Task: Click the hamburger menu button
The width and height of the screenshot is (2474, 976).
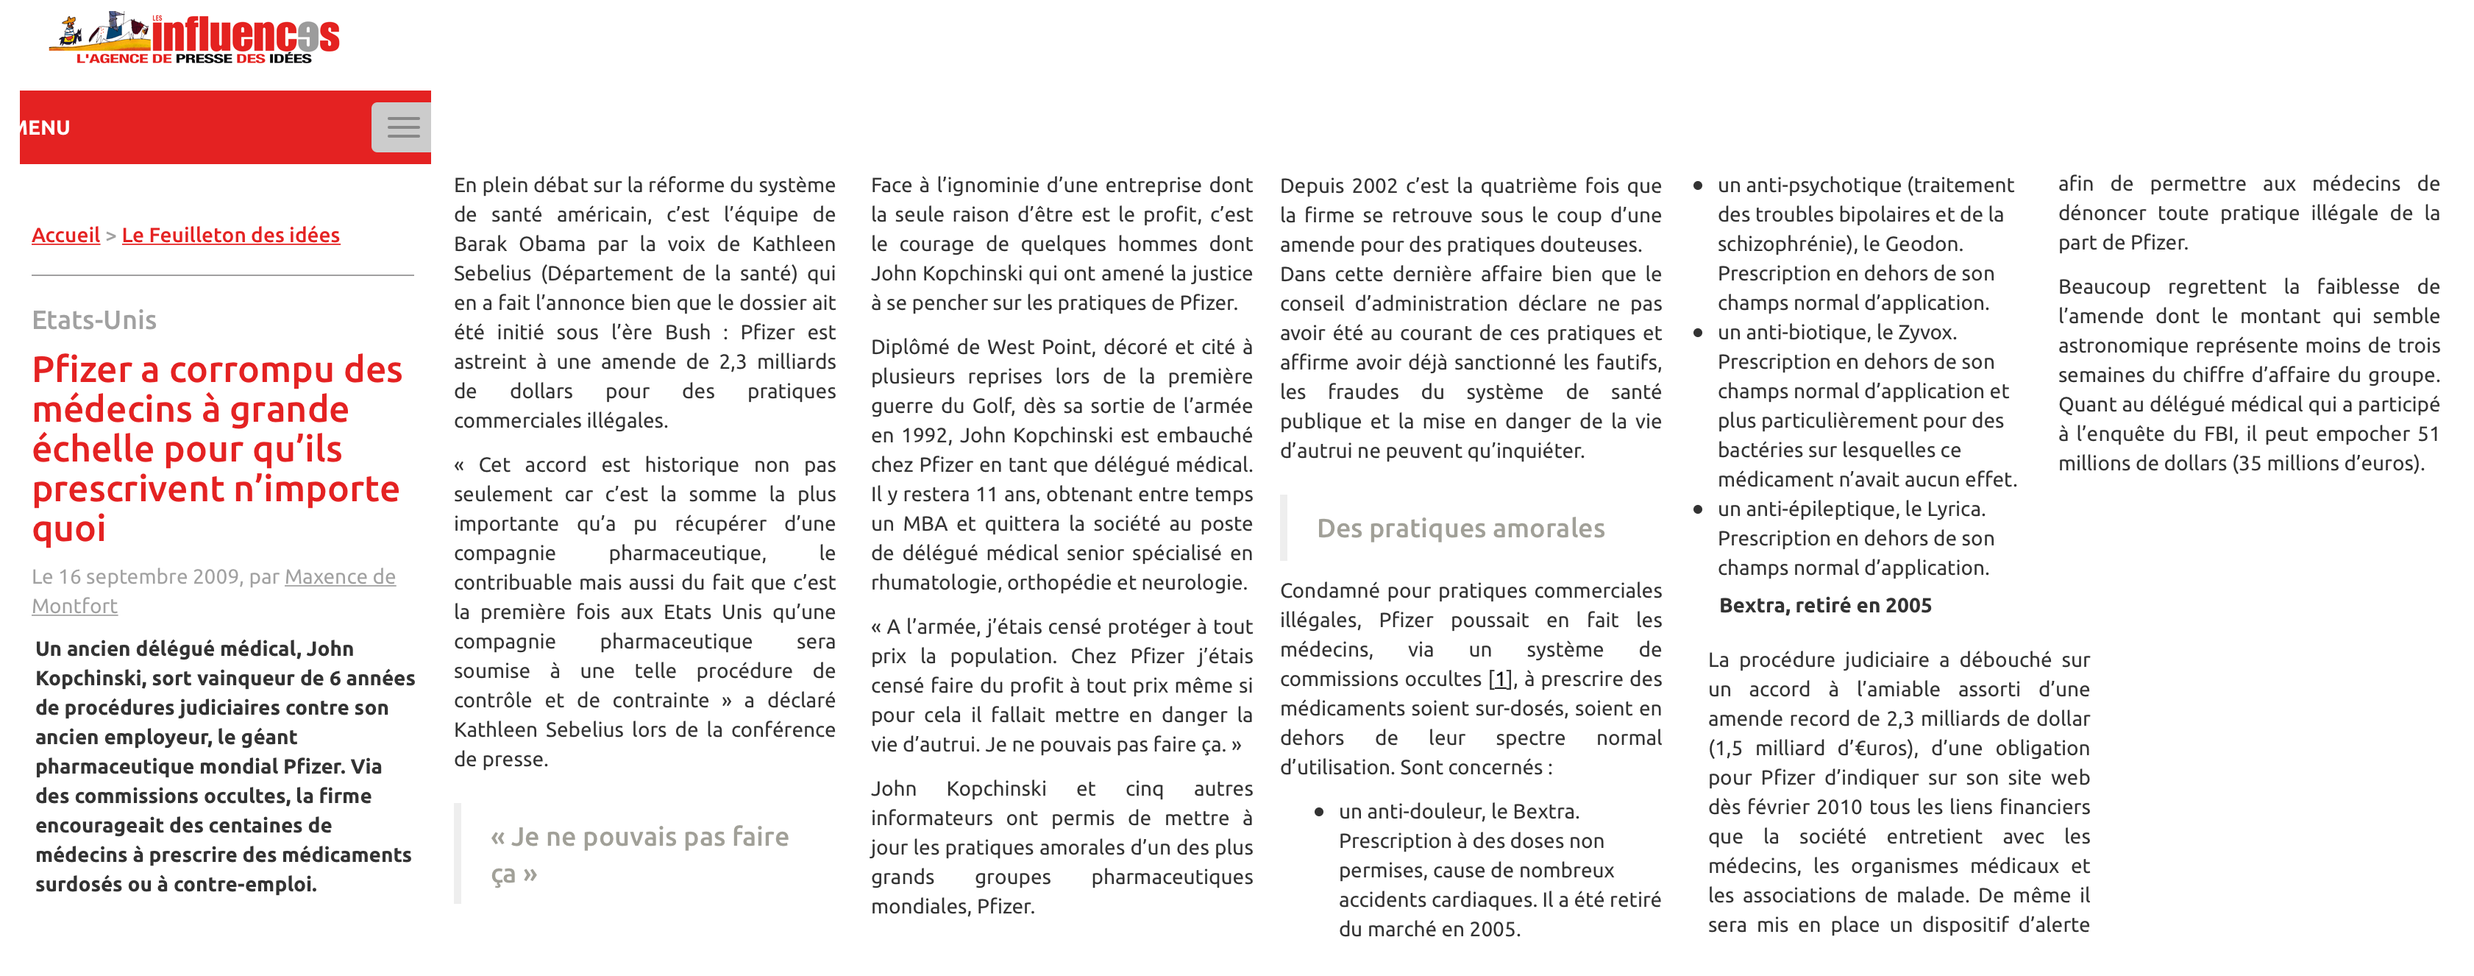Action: point(402,127)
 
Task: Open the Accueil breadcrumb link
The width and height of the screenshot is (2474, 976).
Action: point(65,236)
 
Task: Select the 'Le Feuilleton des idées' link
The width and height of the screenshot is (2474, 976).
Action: point(230,236)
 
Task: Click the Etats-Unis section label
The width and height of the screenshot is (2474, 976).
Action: point(94,320)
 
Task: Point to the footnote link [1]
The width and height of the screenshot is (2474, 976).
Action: point(1499,679)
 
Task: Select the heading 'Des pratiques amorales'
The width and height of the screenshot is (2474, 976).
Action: point(1460,528)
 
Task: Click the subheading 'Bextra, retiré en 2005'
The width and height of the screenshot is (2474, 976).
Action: point(1824,605)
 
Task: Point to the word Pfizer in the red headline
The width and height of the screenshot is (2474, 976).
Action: point(82,369)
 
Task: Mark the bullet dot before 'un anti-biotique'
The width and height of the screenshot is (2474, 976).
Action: point(1698,333)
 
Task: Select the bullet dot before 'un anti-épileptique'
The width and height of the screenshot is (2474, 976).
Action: point(1698,510)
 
